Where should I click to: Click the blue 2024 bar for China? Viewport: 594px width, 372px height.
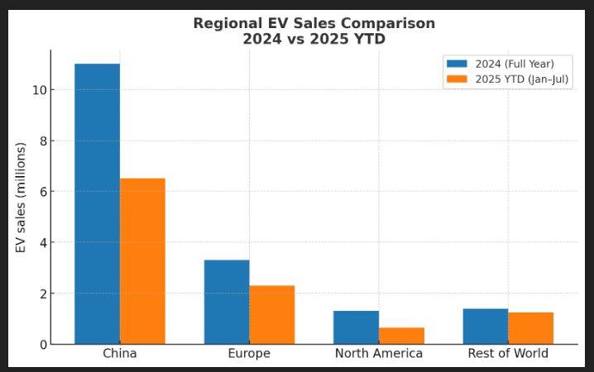pyautogui.click(x=97, y=203)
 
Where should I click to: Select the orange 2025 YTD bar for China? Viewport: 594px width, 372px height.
pyautogui.click(x=142, y=261)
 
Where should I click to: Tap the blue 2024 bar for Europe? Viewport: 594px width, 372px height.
pyautogui.click(x=227, y=302)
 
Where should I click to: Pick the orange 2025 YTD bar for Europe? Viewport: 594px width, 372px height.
pyautogui.click(x=272, y=315)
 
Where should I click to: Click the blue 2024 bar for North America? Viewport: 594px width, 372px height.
pyautogui.click(x=356, y=327)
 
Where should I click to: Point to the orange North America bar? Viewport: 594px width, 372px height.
pyautogui.click(x=401, y=336)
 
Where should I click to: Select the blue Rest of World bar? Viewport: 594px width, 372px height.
pyautogui.click(x=486, y=326)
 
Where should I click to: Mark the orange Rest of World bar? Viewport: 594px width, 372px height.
pyautogui.click(x=530, y=328)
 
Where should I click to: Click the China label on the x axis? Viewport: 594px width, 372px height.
pyautogui.click(x=120, y=354)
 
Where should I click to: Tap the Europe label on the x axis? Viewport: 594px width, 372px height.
pyautogui.click(x=249, y=354)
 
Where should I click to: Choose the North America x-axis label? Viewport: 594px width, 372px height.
pyautogui.click(x=379, y=354)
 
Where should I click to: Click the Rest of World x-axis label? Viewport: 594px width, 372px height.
pyautogui.click(x=508, y=354)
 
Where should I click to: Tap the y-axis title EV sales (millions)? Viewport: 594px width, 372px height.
pyautogui.click(x=21, y=198)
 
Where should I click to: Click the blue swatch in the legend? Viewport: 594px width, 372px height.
pyautogui.click(x=457, y=64)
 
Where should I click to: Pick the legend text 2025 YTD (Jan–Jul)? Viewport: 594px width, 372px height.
pyautogui.click(x=522, y=79)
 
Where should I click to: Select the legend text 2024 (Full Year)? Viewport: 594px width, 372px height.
pyautogui.click(x=515, y=64)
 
